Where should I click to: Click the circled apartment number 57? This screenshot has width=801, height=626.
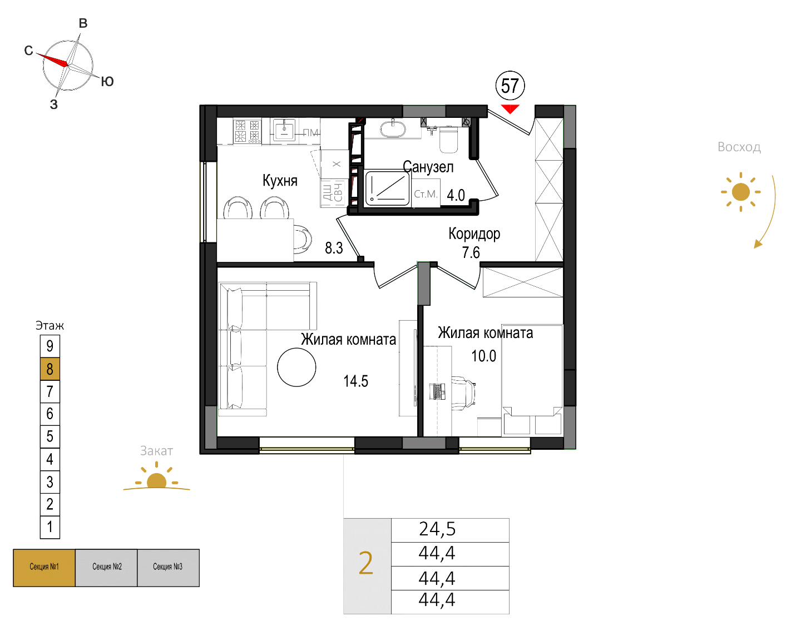510,86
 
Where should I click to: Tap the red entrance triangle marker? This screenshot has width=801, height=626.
510,109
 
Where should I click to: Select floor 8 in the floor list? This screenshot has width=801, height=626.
50,369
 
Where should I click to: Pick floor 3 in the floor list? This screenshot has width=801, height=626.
50,481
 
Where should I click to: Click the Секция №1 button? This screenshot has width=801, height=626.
44,568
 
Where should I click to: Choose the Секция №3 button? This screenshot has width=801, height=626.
168,568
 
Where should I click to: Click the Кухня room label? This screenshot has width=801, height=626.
280,181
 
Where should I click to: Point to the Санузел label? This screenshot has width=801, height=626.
428,167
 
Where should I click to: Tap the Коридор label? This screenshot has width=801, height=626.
474,234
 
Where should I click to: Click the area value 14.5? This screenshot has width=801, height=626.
355,381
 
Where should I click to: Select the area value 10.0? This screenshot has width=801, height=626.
483,356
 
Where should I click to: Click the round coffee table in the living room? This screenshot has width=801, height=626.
296,367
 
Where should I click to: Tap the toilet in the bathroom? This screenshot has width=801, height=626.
448,139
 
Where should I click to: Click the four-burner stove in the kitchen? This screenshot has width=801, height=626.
247,131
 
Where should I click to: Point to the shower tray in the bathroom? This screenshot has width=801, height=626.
387,189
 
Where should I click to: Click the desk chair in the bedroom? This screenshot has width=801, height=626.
463,393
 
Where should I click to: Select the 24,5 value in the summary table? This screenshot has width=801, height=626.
437,529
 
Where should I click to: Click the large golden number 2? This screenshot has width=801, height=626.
365,563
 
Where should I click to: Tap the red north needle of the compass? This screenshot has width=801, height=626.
52,59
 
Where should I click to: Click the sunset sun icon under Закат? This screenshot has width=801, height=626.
157,478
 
